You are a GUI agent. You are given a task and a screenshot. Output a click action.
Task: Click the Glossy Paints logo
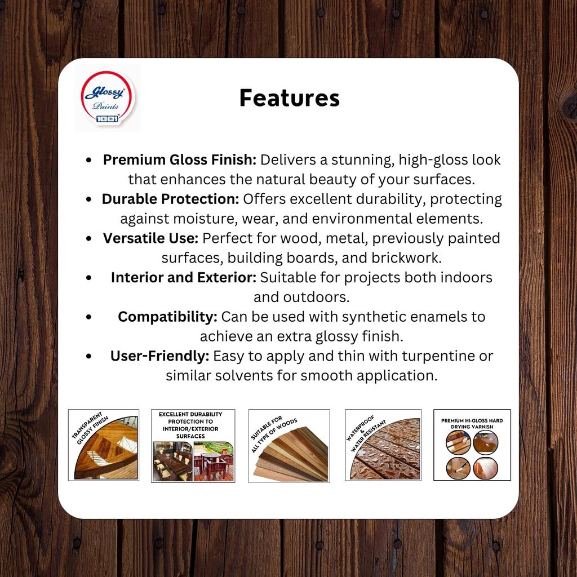point(108,98)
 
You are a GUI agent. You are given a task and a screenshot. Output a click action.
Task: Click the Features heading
point(290,98)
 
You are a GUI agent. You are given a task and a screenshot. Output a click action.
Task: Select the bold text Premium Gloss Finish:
point(180,159)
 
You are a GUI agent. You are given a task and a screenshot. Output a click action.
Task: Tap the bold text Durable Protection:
point(170,199)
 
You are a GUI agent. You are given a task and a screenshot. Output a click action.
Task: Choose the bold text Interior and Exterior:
point(184,277)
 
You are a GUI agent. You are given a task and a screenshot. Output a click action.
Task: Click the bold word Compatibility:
point(167,317)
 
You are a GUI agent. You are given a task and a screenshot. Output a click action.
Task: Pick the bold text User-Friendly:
point(159,356)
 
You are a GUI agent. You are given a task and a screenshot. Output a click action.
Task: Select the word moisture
point(205,219)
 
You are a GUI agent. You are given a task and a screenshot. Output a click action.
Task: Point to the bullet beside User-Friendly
point(88,356)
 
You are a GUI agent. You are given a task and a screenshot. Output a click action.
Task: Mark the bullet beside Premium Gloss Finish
point(88,160)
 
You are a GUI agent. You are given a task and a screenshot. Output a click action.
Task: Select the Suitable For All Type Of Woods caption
point(273,434)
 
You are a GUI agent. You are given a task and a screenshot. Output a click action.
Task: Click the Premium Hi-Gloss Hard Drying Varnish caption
point(472,424)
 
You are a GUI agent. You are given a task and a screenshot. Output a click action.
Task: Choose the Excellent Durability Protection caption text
point(190,425)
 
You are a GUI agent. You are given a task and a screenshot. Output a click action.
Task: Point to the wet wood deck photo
point(387,451)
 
